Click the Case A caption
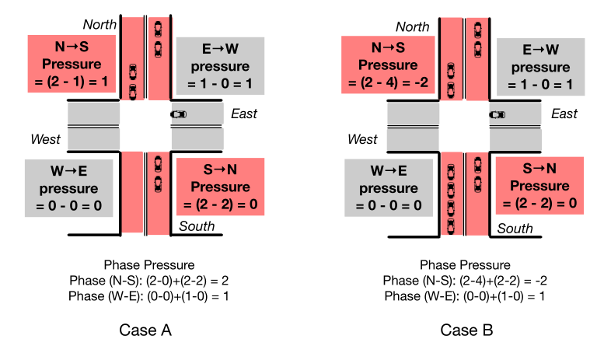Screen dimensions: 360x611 (x=145, y=330)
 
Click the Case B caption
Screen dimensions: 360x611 (x=466, y=330)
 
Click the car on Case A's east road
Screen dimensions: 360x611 (x=179, y=115)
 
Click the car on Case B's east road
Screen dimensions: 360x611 (x=497, y=115)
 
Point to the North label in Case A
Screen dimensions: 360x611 (x=100, y=25)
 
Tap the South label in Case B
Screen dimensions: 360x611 (x=515, y=229)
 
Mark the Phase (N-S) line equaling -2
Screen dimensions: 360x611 (x=466, y=281)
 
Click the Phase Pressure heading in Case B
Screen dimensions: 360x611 (x=466, y=265)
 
